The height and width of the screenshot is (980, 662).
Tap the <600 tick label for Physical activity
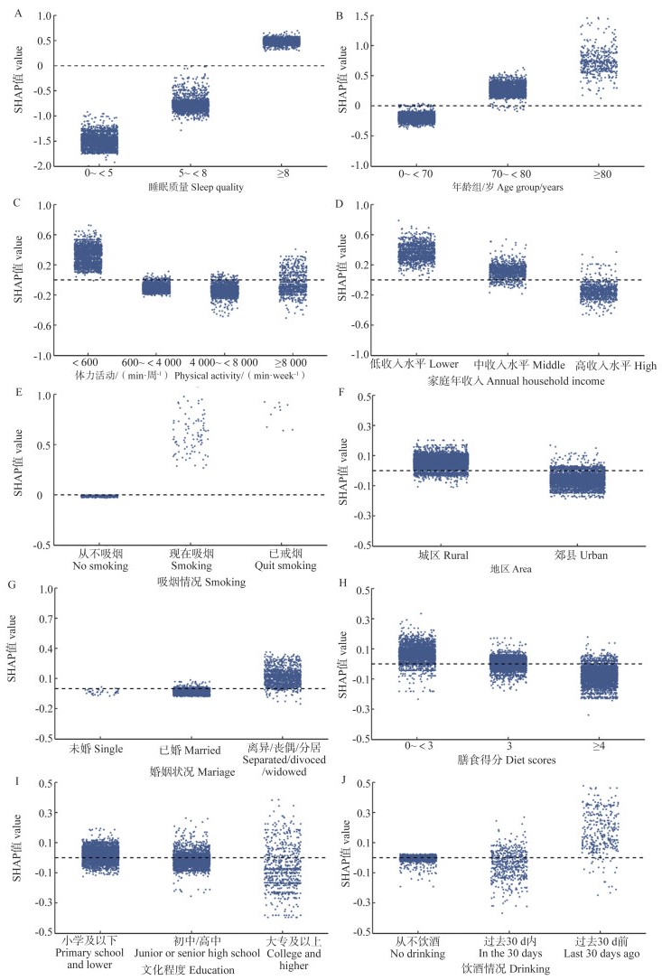88,365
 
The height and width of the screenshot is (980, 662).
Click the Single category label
93,748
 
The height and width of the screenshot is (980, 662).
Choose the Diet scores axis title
508,760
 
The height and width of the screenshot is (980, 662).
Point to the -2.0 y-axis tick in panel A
40,166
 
